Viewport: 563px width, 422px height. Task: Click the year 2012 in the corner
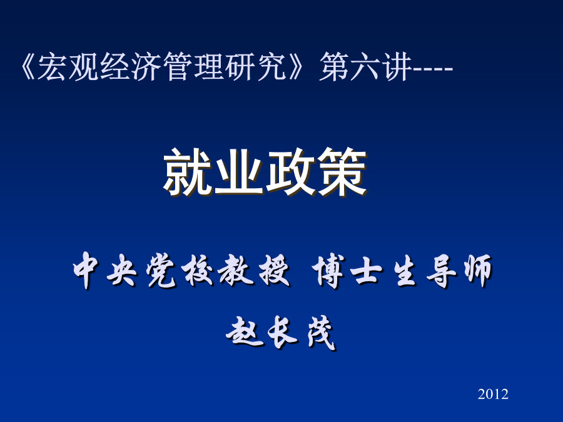coord(493,394)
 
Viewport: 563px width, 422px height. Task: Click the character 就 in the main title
coord(188,173)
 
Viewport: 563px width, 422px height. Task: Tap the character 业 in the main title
coord(239,173)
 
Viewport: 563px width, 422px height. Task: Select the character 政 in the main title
coord(290,173)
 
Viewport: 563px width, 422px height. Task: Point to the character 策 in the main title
coord(341,173)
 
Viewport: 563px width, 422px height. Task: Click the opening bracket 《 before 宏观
coord(28,66)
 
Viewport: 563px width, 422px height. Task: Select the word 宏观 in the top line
coord(68,66)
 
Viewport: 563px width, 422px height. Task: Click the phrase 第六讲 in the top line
coord(365,66)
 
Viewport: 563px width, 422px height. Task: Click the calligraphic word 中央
coord(104,270)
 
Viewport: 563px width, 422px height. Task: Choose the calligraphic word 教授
coord(254,270)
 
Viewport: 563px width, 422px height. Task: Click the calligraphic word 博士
coord(347,270)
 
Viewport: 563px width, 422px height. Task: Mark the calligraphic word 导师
coord(459,270)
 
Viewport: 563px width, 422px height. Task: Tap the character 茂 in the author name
coord(322,333)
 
